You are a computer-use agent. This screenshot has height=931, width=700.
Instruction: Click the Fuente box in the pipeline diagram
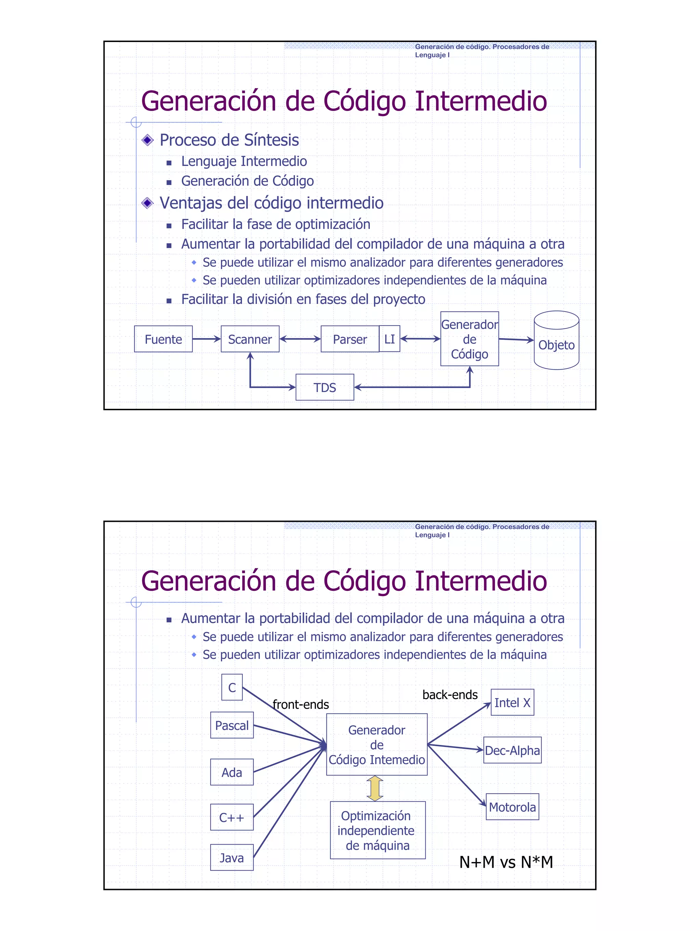pos(163,339)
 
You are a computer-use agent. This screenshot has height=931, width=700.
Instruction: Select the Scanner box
pos(250,339)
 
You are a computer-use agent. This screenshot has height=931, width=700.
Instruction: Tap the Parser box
pos(350,339)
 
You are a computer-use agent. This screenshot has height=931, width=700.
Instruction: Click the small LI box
pos(390,338)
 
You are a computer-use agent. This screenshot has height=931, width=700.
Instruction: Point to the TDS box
pos(325,387)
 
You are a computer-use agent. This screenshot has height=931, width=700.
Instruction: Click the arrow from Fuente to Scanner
pos(206,339)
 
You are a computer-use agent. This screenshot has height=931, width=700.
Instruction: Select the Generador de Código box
pos(469,339)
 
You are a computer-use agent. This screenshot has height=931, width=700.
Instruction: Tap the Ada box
pos(232,772)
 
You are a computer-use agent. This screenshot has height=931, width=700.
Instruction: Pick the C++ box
pos(232,817)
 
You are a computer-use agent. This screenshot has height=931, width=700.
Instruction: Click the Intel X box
pos(512,703)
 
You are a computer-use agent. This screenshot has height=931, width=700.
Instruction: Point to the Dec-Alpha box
pos(512,750)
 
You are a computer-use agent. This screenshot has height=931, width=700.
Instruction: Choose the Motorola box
pos(512,807)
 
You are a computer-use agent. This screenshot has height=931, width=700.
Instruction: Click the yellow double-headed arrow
pos(375,788)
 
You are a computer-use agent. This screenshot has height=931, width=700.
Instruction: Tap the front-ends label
pos(300,704)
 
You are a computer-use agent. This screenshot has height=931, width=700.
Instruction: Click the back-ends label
pos(450,694)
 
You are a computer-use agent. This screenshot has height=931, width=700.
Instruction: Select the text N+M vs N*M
pos(506,862)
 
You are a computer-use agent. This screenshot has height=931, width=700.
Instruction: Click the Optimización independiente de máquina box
pos(377,830)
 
